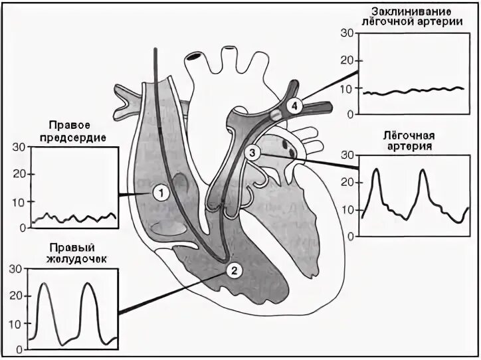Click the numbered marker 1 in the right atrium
coord(161,192)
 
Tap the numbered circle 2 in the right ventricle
coord(233,269)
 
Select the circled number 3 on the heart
coord(251,153)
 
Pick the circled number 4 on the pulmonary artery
coord(295,105)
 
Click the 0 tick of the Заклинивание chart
coord(349,114)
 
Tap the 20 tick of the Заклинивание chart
coord(345,60)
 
